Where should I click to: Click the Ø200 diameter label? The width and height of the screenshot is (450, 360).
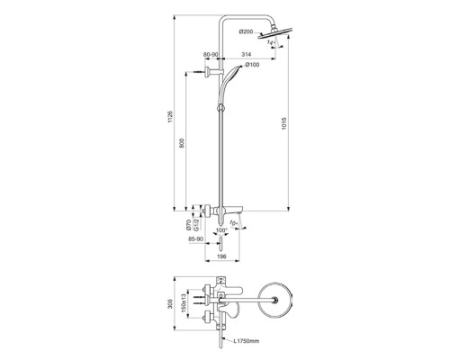coord(246,32)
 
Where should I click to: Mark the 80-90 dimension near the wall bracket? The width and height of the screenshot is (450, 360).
coord(210,56)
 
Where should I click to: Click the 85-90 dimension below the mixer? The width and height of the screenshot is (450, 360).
coord(195,240)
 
